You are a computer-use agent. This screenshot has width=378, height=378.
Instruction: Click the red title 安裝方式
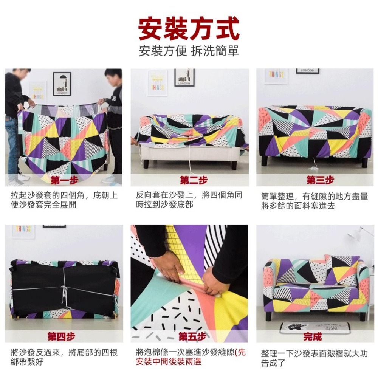189,29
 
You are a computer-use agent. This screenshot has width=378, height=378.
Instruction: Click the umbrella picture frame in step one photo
62,84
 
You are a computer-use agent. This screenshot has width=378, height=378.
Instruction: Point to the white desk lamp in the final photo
357,233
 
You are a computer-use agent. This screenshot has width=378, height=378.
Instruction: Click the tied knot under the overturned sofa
65,291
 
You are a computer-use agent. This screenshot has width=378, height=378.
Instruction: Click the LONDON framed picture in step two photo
184,77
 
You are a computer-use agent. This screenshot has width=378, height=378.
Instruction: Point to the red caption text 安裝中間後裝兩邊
168,362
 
